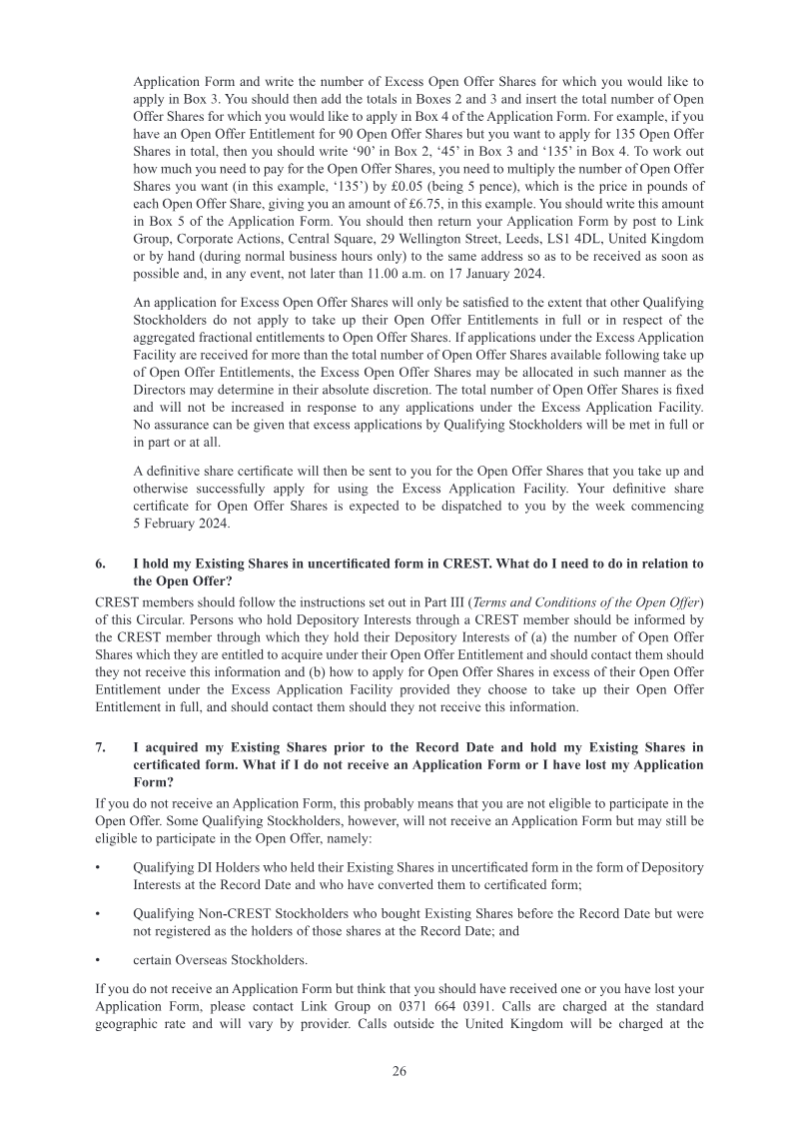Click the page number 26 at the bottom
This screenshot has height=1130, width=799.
pyautogui.click(x=399, y=1071)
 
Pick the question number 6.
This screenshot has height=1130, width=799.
pyautogui.click(x=100, y=564)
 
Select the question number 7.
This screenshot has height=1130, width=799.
pyautogui.click(x=100, y=746)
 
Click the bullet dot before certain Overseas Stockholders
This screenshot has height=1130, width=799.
pyautogui.click(x=98, y=959)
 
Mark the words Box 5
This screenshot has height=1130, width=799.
pyautogui.click(x=170, y=222)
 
